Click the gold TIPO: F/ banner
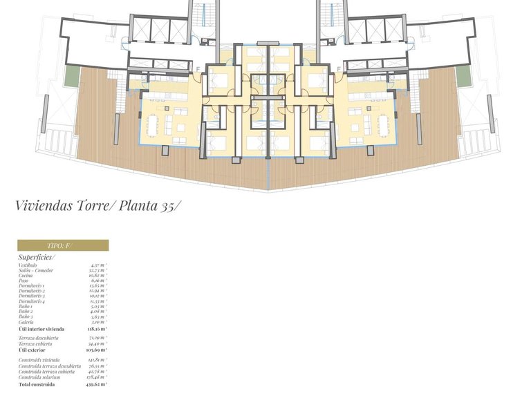pyautogui.click(x=63, y=245)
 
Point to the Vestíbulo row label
pyautogui.click(x=28, y=265)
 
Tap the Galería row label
pyautogui.click(x=27, y=322)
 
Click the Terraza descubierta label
pyautogui.click(x=39, y=338)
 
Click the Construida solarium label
pyautogui.click(x=39, y=377)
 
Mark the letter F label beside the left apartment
pyautogui.click(x=198, y=68)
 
